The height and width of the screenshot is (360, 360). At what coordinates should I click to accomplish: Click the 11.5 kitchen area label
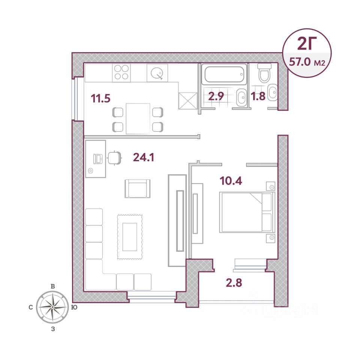[100, 98]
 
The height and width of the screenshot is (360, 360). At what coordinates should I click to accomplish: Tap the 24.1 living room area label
[144, 157]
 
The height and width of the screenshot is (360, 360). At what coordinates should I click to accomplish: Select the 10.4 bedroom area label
[231, 181]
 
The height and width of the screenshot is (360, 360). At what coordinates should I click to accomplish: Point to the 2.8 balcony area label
[234, 283]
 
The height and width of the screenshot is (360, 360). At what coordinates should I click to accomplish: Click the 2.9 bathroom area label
[216, 96]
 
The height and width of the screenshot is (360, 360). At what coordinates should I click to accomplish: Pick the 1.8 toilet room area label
[258, 96]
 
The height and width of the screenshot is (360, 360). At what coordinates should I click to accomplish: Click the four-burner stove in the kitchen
[121, 72]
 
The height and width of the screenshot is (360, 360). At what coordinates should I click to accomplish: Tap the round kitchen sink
[157, 73]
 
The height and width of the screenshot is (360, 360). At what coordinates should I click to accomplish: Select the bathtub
[224, 74]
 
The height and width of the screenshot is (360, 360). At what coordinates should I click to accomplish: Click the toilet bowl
[264, 73]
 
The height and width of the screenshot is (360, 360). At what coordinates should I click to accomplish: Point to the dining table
[138, 118]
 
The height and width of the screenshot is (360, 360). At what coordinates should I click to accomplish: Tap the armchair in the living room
[138, 189]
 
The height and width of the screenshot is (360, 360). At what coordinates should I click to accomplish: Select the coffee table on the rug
[130, 237]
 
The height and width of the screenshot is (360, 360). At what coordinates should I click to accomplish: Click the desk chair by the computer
[114, 158]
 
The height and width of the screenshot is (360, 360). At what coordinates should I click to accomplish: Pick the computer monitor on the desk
[98, 159]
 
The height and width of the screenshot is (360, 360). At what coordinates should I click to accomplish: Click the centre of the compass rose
[52, 307]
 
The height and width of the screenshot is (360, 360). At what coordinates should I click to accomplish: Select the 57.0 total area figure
[300, 62]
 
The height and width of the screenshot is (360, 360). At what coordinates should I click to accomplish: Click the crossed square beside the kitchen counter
[188, 100]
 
